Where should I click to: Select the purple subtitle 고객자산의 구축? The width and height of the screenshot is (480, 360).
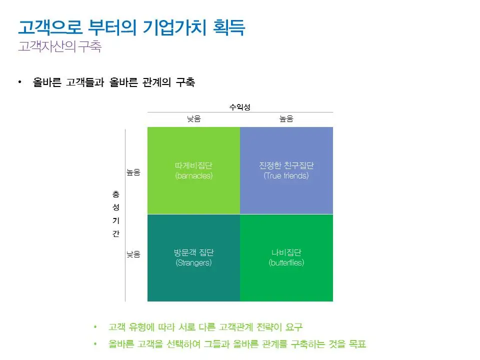click(x=59, y=47)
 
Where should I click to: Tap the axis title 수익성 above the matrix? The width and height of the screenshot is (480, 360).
click(x=239, y=107)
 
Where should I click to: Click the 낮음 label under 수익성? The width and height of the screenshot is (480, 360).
click(x=193, y=119)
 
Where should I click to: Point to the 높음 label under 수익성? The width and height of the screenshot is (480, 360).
click(x=286, y=119)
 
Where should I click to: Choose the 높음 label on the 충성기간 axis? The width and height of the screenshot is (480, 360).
click(x=133, y=172)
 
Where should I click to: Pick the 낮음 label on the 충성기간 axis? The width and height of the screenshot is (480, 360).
click(x=133, y=254)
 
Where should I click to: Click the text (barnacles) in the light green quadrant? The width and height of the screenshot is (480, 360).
click(x=194, y=176)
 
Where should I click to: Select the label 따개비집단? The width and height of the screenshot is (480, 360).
click(x=194, y=166)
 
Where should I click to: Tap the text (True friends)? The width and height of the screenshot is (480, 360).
click(x=286, y=176)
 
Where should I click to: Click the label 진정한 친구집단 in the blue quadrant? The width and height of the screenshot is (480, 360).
click(x=286, y=166)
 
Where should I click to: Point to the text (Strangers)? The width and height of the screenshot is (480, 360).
click(x=194, y=262)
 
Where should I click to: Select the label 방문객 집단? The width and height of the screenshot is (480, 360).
click(x=194, y=252)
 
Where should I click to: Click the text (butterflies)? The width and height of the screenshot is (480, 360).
click(x=286, y=262)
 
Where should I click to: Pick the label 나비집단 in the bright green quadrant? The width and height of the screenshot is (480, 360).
click(x=286, y=252)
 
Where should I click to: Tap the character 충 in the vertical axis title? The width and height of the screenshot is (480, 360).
click(x=115, y=193)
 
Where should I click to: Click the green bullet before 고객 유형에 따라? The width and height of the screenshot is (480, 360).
click(x=95, y=327)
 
